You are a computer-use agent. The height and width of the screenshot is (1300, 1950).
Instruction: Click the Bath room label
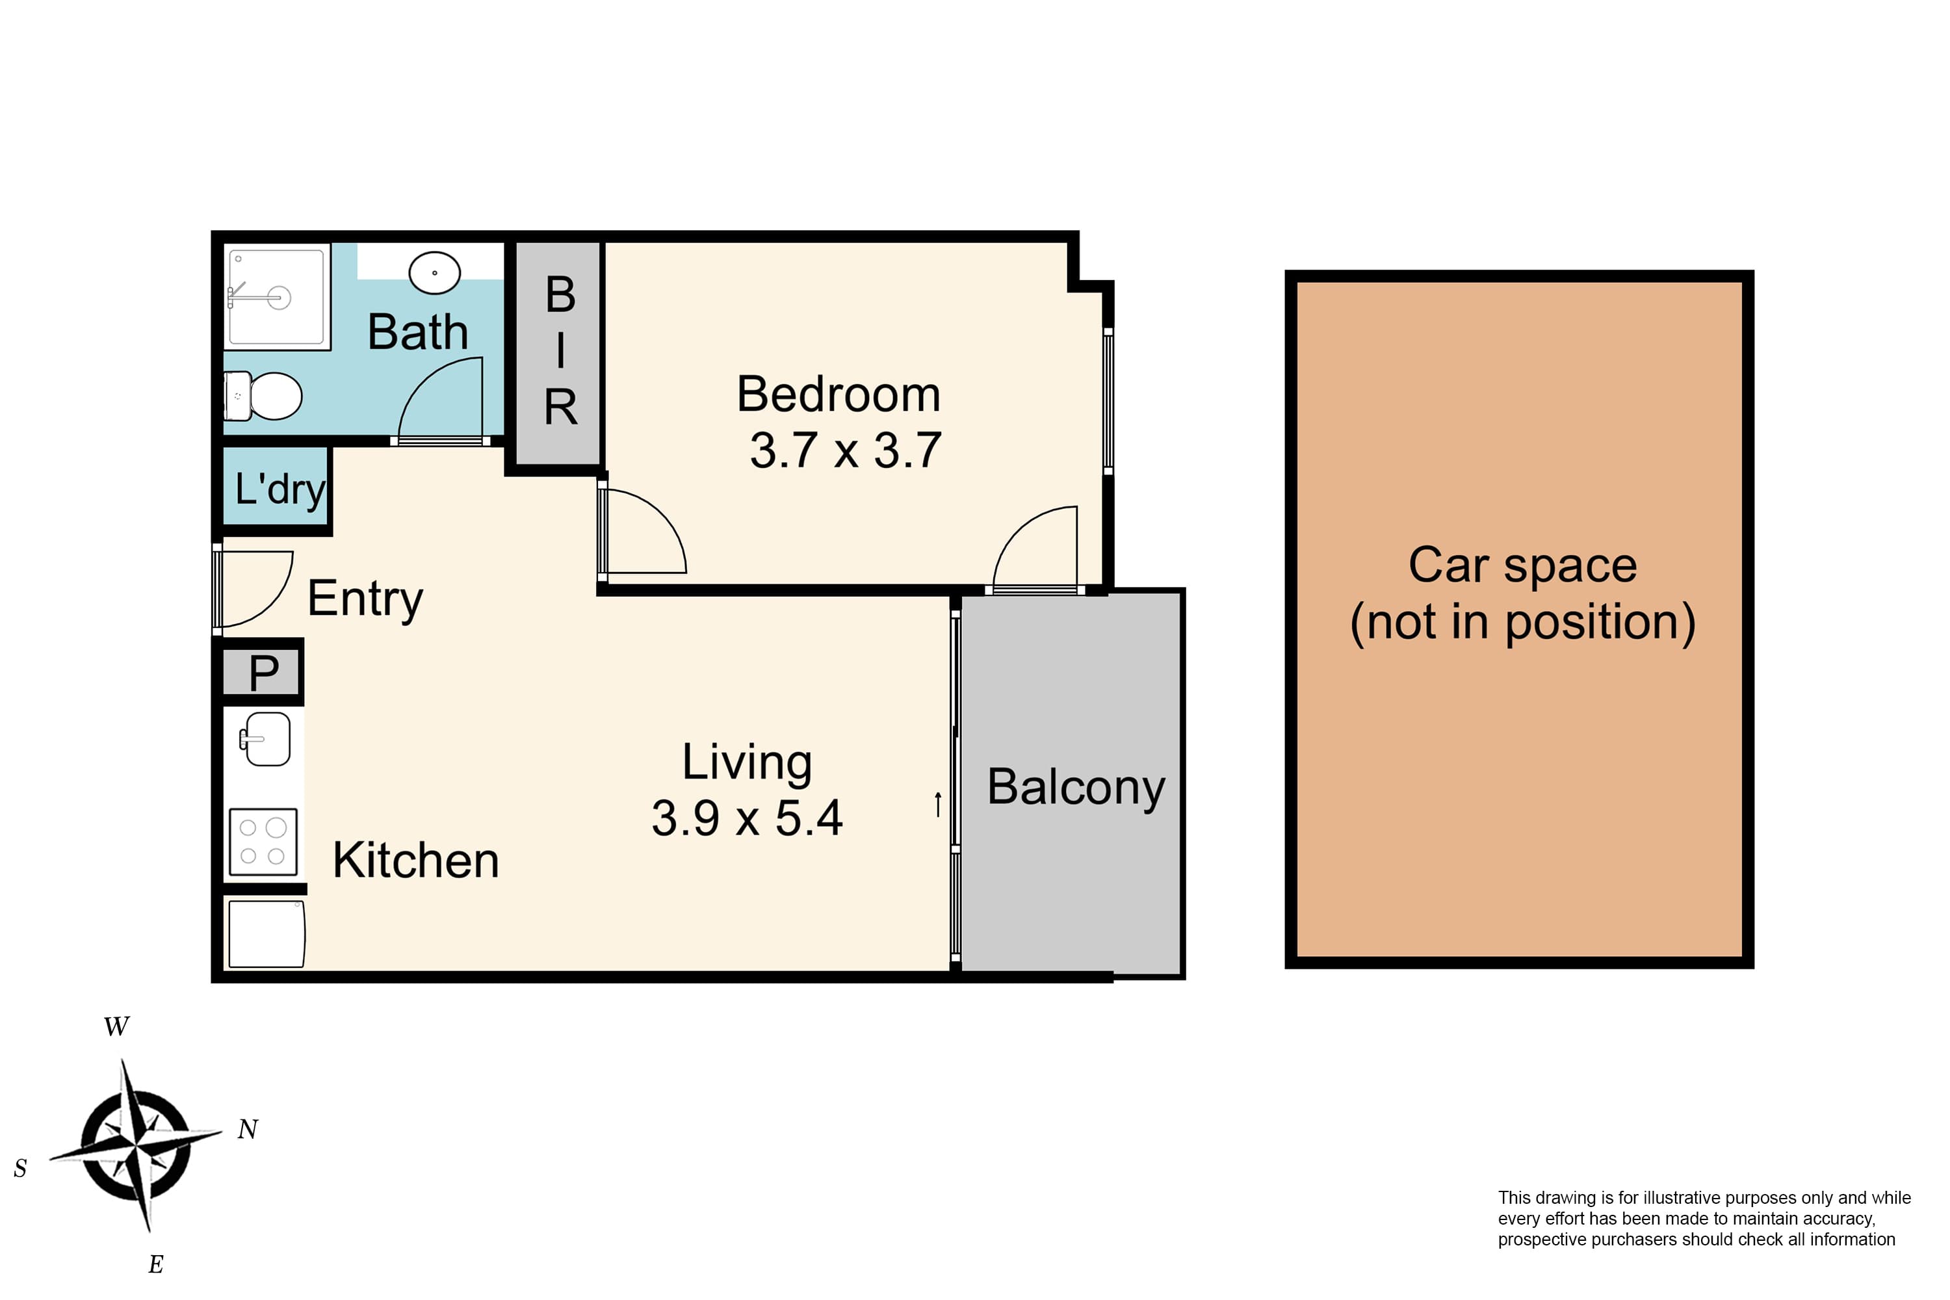[418, 332]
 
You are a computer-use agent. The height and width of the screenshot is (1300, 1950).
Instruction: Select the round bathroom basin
[434, 272]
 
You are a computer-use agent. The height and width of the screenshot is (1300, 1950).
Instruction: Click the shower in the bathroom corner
[277, 296]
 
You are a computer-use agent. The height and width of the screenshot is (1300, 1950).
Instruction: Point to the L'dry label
[280, 489]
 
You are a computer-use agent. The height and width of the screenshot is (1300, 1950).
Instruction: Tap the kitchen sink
[265, 738]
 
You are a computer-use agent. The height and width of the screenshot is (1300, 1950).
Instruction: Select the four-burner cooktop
[263, 842]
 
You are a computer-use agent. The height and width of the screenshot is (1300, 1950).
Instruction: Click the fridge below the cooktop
[266, 933]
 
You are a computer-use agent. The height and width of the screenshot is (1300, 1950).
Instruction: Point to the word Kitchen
[416, 861]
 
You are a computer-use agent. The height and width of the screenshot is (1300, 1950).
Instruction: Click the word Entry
[365, 599]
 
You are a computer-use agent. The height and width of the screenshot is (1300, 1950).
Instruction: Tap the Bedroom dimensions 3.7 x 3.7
[846, 451]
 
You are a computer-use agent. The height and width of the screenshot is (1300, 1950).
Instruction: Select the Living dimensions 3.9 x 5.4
[747, 818]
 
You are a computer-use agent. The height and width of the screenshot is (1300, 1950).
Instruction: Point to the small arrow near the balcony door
[938, 804]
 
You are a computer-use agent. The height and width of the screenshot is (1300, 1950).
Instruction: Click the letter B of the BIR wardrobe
[560, 294]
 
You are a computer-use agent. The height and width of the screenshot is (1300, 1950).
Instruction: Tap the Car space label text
[1522, 593]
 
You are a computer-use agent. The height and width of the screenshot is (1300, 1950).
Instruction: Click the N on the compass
[248, 1129]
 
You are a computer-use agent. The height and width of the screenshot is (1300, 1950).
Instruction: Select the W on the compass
[116, 1026]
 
